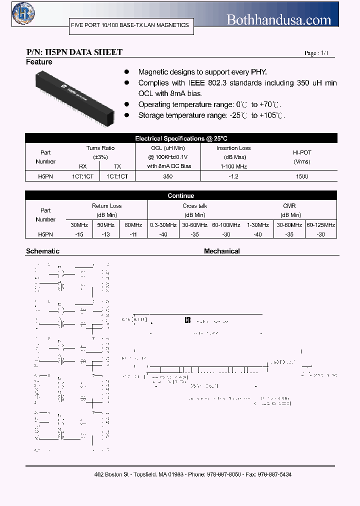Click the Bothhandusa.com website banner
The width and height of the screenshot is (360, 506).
(x=279, y=19)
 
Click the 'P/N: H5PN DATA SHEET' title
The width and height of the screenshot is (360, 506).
(x=74, y=52)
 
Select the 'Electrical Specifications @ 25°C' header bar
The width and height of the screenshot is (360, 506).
(x=181, y=138)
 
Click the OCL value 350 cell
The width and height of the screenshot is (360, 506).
(x=167, y=176)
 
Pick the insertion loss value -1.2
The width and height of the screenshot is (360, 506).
(x=233, y=176)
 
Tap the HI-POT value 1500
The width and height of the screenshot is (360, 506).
(x=301, y=176)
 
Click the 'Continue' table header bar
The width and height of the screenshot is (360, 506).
(x=181, y=195)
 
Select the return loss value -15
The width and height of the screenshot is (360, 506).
(x=78, y=234)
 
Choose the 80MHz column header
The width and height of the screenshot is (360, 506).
(x=133, y=225)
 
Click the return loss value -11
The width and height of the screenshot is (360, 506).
(x=133, y=234)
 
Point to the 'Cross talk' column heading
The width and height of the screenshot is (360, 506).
(x=194, y=206)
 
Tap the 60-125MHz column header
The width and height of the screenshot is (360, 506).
(x=321, y=225)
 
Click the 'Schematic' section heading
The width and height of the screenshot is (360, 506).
(x=42, y=251)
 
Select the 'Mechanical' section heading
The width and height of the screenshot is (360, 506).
(x=221, y=251)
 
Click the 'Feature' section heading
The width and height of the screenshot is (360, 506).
(x=39, y=62)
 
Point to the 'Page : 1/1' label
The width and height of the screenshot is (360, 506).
(x=316, y=53)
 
